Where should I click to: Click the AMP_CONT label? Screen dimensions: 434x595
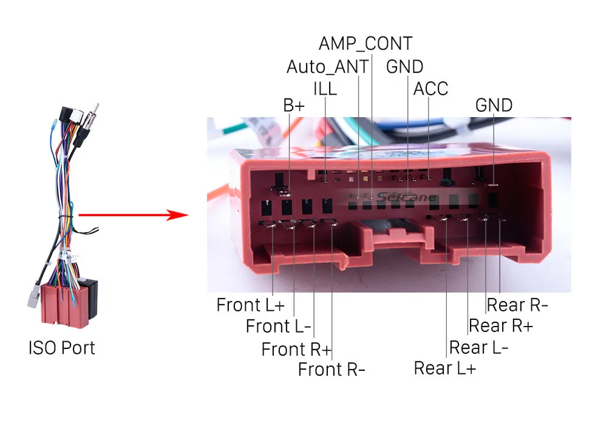pos(365,44)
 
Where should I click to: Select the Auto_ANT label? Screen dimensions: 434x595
pos(327,66)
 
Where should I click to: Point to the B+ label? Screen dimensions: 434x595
pos(294,105)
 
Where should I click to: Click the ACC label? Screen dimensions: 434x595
pos(430,89)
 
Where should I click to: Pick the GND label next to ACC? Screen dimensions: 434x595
pos(404,66)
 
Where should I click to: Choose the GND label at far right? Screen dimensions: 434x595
pos(494,105)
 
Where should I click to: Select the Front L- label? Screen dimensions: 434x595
pos(278,326)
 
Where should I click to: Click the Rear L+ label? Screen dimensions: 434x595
pos(445,368)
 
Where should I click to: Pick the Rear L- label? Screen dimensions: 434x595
pos(478,347)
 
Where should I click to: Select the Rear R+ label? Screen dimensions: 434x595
pos(500,325)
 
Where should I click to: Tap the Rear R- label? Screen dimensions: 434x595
pos(517,304)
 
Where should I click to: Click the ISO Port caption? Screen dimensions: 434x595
pos(61,348)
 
